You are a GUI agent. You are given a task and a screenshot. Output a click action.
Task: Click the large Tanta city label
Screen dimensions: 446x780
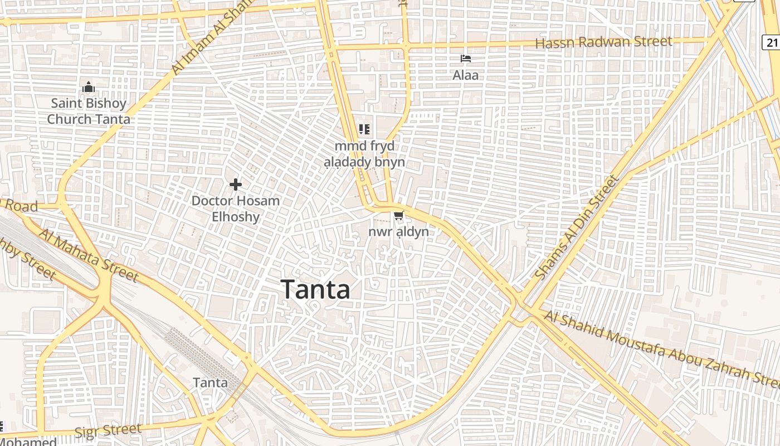pos(316,289)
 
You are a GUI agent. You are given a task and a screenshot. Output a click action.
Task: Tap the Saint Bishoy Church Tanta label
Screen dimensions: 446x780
pos(89,111)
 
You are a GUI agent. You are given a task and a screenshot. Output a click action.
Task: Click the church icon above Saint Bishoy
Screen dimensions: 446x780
pos(88,88)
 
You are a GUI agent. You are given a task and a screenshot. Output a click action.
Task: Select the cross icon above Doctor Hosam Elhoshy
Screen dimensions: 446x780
pos(236,184)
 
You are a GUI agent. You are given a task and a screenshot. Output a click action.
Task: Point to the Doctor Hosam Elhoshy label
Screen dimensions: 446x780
pos(236,209)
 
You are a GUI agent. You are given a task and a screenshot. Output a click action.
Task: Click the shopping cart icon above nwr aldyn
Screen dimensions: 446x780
pos(398,216)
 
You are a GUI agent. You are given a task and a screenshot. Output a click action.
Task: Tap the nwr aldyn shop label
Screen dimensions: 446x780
pos(398,231)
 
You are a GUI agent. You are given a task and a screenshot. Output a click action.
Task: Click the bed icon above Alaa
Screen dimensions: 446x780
pos(466,59)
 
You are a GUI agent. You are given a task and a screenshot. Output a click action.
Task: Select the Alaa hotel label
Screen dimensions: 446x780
pos(466,75)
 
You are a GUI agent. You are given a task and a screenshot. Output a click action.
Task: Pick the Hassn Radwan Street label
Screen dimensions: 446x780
pos(603,42)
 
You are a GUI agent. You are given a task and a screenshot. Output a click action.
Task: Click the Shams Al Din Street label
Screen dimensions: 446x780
pos(576,227)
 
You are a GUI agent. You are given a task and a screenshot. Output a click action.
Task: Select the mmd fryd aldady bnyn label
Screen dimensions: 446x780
pos(365,154)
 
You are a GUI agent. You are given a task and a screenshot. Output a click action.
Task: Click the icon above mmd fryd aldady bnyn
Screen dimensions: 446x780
pos(364,130)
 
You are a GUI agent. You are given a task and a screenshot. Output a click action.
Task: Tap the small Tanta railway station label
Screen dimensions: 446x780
pos(210,382)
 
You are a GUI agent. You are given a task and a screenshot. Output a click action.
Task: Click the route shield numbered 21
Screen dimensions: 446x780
pos(772,42)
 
